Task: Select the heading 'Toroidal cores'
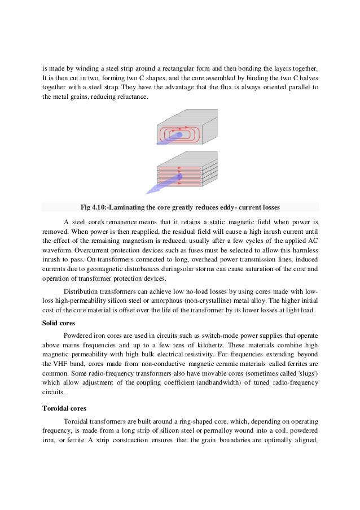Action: point(63,404)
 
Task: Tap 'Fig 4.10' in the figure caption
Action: point(96,207)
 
